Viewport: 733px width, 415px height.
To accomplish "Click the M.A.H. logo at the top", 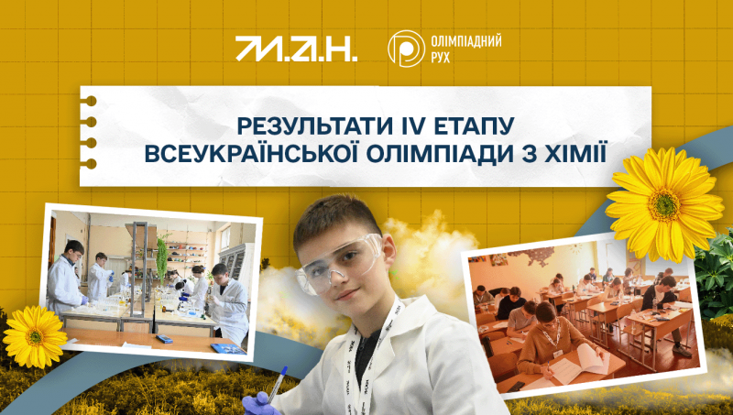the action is click(296, 49).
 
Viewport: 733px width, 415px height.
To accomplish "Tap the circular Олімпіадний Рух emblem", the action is click(406, 49).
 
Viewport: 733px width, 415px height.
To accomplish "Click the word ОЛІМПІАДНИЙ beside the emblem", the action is click(465, 41).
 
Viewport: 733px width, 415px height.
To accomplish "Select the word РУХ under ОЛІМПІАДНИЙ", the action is click(440, 58).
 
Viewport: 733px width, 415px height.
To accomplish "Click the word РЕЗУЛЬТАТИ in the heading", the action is click(309, 126).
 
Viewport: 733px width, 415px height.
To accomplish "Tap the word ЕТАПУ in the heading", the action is click(469, 126).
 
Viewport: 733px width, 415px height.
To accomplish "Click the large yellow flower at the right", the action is click(664, 204).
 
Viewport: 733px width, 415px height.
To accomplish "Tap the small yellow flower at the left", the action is click(34, 336).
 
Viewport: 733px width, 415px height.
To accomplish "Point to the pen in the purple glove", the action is click(277, 384).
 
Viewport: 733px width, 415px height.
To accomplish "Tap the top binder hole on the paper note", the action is click(90, 101).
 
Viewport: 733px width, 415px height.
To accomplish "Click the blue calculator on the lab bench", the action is click(164, 338).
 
